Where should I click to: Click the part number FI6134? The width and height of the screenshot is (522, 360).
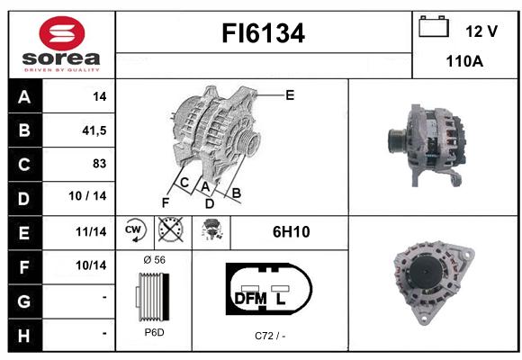(x=264, y=33)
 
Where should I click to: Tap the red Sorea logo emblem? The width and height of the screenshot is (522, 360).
(x=62, y=33)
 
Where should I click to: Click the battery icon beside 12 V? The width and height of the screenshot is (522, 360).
(x=434, y=27)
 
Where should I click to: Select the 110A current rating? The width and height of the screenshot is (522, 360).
(x=464, y=61)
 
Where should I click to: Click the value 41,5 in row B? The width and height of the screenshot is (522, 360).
(x=94, y=130)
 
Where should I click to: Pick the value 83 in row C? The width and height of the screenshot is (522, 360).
(x=100, y=164)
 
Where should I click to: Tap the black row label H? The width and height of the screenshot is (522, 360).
(x=24, y=336)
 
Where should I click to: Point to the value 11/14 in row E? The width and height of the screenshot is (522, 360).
(x=91, y=231)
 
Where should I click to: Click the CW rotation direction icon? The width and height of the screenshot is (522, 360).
(x=134, y=230)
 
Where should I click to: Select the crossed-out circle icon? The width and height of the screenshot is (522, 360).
(x=171, y=229)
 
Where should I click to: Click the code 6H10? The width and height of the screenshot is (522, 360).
(x=292, y=232)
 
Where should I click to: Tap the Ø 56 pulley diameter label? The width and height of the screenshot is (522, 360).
(x=154, y=260)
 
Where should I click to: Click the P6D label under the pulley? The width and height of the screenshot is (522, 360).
(x=154, y=332)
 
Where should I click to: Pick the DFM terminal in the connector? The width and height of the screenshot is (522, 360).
(x=251, y=299)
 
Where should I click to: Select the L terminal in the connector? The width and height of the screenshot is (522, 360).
(x=280, y=299)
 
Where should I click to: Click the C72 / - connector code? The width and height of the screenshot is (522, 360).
(x=270, y=336)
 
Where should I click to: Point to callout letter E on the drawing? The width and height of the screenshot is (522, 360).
(x=290, y=95)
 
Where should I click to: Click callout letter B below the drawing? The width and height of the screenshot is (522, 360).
(x=236, y=193)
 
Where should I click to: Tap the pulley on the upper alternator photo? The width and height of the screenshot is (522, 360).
(x=397, y=140)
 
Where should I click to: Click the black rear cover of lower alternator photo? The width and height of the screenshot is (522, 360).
(x=427, y=272)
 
